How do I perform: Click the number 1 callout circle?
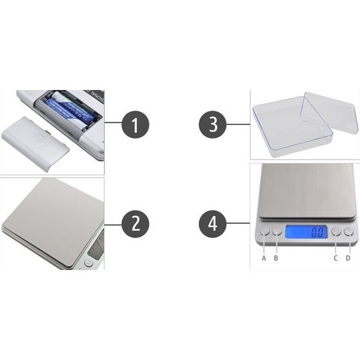click(135, 126)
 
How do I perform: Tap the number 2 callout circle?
click(135, 224)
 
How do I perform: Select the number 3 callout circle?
click(212, 126)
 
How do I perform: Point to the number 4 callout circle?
click(212, 224)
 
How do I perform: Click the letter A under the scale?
click(263, 258)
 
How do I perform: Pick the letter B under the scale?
click(276, 258)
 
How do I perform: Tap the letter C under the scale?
click(336, 258)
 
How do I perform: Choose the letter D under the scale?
click(348, 258)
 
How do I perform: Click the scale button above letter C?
click(336, 231)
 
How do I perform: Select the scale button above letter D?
click(348, 231)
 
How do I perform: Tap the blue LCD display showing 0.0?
click(306, 232)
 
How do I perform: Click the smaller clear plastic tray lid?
click(329, 113)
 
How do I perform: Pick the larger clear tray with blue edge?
click(282, 129)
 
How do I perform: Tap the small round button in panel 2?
click(89, 262)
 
